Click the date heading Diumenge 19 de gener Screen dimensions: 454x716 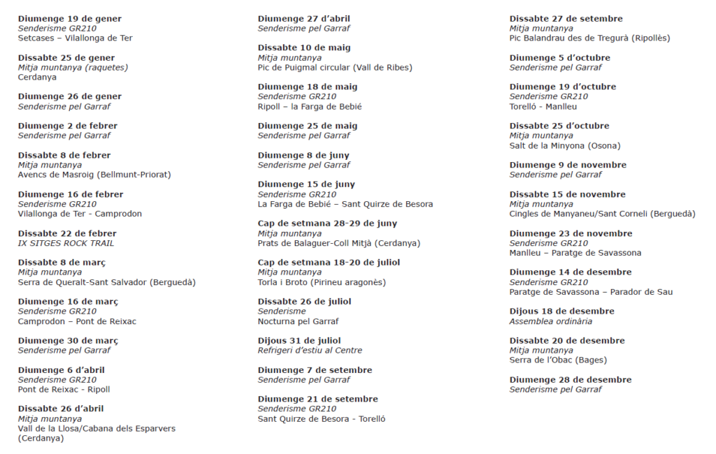pyautogui.click(x=69, y=19)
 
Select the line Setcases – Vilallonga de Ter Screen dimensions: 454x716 pyautogui.click(x=75, y=38)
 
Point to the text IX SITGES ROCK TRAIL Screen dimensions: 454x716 pyautogui.click(x=66, y=243)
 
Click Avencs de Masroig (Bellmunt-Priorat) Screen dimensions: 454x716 pyautogui.click(x=94, y=175)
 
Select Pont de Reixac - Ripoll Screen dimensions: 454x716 pyautogui.click(x=64, y=389)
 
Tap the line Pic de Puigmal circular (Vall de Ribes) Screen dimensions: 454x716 pyautogui.click(x=335, y=68)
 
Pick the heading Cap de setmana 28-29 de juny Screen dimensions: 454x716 pyautogui.click(x=327, y=224)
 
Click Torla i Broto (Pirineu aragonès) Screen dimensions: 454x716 pyautogui.click(x=322, y=282)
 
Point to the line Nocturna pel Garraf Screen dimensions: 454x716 pyautogui.click(x=299, y=321)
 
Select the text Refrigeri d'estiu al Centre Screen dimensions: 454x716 pyautogui.click(x=310, y=350)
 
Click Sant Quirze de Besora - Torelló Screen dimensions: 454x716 pyautogui.click(x=322, y=418)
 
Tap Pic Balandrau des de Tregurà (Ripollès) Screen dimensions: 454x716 pyautogui.click(x=589, y=38)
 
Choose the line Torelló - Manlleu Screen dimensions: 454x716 pyautogui.click(x=543, y=106)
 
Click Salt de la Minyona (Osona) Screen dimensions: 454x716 pyautogui.click(x=565, y=145)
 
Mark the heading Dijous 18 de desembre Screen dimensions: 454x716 pyautogui.click(x=562, y=312)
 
